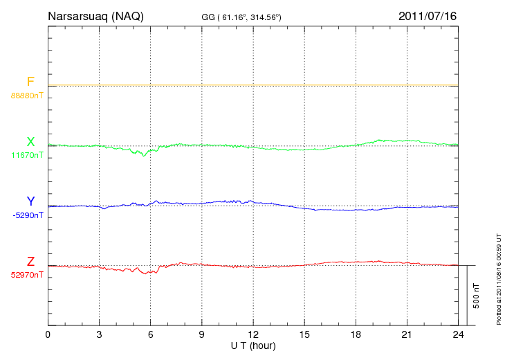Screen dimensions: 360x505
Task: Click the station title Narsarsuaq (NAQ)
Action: click(95, 16)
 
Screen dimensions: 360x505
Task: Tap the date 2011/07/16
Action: click(428, 16)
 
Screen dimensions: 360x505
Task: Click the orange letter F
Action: click(30, 82)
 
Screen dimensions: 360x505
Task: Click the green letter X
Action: click(30, 142)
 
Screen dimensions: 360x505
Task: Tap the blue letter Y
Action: click(30, 201)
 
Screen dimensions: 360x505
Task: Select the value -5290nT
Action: click(28, 215)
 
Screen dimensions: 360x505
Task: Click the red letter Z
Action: click(30, 262)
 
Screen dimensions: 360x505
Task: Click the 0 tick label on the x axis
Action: click(48, 335)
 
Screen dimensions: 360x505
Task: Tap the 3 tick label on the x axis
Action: click(100, 335)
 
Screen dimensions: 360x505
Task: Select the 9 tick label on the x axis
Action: click(202, 335)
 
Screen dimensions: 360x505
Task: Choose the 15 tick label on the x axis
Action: click(304, 335)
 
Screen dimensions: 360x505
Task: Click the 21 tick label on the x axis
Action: click(407, 335)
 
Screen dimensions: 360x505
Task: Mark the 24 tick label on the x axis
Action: click(458, 335)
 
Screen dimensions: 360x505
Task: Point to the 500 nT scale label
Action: click(476, 296)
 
